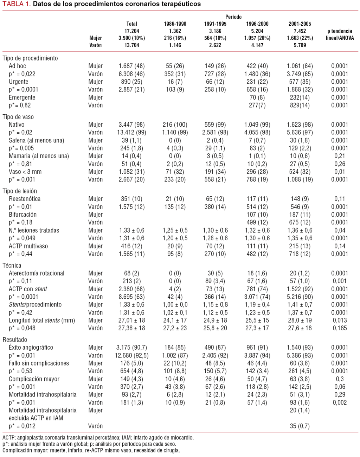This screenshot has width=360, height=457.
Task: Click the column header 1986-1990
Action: click(175, 24)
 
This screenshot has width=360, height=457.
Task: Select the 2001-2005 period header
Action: click(300, 24)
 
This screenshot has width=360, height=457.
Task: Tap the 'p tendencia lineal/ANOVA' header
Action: click(339, 34)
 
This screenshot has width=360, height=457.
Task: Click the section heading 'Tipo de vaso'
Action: click(18, 117)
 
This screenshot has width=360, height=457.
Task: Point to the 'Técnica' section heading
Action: click(12, 265)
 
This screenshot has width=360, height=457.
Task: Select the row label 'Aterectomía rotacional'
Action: click(37, 273)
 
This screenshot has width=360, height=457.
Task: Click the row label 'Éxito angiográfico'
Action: click(31, 347)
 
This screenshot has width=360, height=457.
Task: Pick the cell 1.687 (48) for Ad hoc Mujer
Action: click(131, 66)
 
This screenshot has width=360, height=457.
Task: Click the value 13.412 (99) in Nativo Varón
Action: click(131, 132)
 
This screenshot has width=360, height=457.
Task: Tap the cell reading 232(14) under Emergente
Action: click(300, 97)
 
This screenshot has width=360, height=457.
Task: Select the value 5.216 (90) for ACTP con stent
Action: click(300, 297)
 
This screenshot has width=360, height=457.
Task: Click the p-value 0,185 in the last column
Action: click(340, 328)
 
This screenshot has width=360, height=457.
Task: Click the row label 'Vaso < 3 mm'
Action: click(25, 172)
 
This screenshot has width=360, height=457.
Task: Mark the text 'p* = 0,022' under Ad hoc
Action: click(22, 74)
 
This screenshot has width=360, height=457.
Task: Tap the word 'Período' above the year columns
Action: click(233, 17)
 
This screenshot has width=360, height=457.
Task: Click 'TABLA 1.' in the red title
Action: click(17, 4)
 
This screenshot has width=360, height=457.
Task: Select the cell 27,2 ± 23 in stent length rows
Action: click(175, 328)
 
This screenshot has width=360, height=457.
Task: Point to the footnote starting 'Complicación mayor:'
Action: click(91, 450)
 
